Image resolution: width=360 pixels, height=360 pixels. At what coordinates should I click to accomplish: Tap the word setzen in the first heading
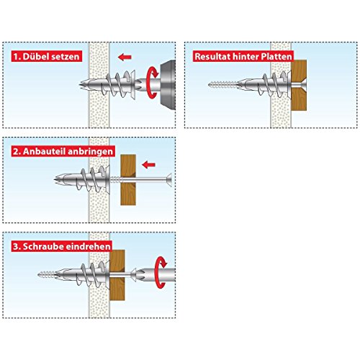(x=66, y=55)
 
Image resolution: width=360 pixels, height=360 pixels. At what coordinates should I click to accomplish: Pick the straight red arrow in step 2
(x=150, y=163)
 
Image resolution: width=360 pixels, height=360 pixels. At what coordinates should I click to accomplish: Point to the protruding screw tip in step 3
(x=43, y=274)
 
